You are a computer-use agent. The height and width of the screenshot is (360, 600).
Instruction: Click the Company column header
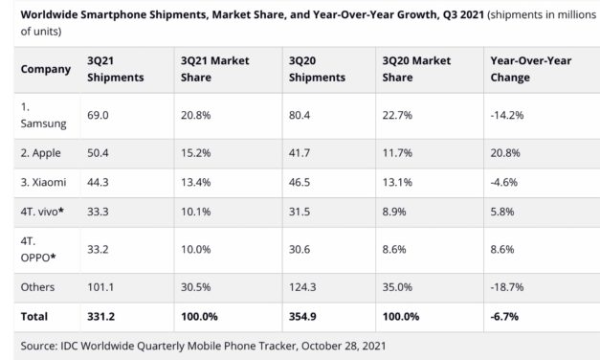click(46, 69)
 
